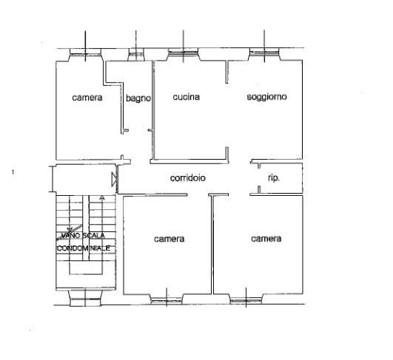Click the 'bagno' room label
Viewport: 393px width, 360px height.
point(138,98)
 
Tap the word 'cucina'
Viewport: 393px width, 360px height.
point(187,97)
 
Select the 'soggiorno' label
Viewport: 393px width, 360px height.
point(266,97)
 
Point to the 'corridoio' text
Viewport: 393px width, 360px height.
point(188,178)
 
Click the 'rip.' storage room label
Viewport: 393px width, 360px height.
point(274,178)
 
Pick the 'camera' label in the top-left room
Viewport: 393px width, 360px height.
point(87,98)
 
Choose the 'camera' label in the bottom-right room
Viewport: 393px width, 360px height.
point(266,239)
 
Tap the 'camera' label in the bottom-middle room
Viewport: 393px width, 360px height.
point(169,239)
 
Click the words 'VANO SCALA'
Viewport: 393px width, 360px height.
point(83,235)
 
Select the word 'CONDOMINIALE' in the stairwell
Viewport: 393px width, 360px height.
point(84,248)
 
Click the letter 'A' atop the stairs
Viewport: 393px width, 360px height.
point(101,198)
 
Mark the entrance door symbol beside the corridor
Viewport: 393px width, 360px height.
point(115,179)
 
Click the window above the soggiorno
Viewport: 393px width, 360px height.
point(264,52)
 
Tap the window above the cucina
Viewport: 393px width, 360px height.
point(184,52)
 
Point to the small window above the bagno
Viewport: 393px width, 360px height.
point(136,53)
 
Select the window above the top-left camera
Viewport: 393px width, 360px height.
point(85,52)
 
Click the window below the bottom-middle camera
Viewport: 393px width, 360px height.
point(167,299)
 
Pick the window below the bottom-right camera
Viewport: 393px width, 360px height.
point(246,299)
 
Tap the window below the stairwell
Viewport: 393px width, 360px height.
point(85,299)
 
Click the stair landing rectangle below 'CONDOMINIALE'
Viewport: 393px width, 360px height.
point(86,268)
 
